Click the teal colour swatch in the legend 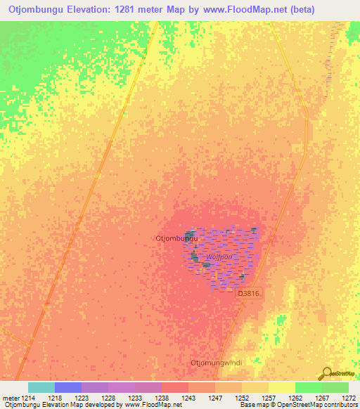pos(41,387)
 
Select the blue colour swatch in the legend pos(68,387)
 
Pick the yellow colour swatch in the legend pos(282,387)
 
